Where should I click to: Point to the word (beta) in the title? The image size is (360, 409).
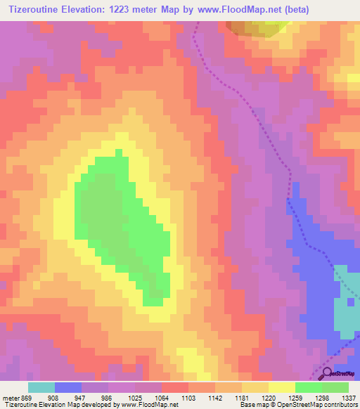[295, 9]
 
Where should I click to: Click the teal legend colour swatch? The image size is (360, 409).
[41, 387]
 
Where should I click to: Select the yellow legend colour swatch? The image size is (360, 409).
[281, 387]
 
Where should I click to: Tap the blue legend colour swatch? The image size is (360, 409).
[68, 387]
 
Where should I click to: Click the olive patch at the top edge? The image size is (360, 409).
[257, 27]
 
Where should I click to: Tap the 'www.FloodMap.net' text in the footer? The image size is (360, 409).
[150, 405]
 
